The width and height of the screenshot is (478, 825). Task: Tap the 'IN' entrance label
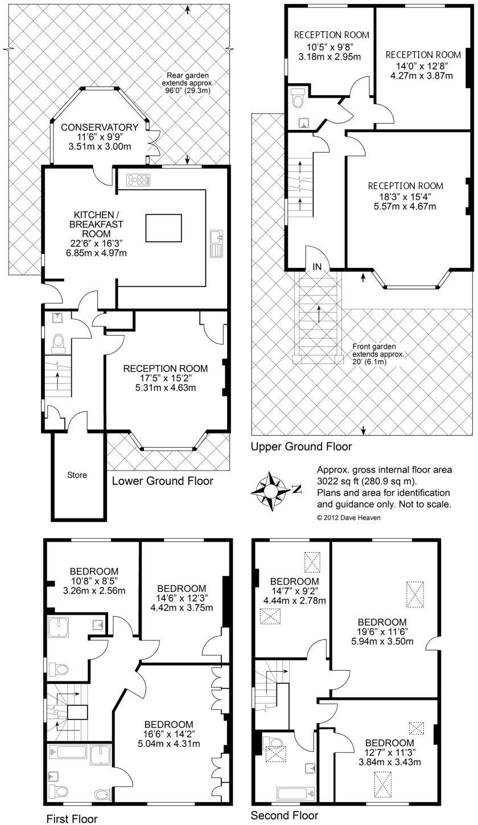click(x=317, y=267)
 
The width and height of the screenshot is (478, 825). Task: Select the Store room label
click(x=77, y=475)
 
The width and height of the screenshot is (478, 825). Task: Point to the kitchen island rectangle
click(x=163, y=228)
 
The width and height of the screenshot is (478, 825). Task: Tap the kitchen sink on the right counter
click(x=216, y=244)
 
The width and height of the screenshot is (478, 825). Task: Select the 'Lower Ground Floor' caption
click(x=162, y=481)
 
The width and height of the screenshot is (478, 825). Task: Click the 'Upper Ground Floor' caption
click(x=301, y=447)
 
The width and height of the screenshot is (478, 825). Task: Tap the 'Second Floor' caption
click(x=285, y=815)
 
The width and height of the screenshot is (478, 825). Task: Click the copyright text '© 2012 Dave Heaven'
click(x=348, y=517)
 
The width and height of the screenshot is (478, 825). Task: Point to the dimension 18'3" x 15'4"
click(x=405, y=197)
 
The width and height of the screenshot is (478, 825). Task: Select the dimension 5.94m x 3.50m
click(x=382, y=642)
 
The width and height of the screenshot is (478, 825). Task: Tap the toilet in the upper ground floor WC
click(x=296, y=101)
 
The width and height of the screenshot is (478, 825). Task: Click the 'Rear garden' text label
click(x=187, y=75)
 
